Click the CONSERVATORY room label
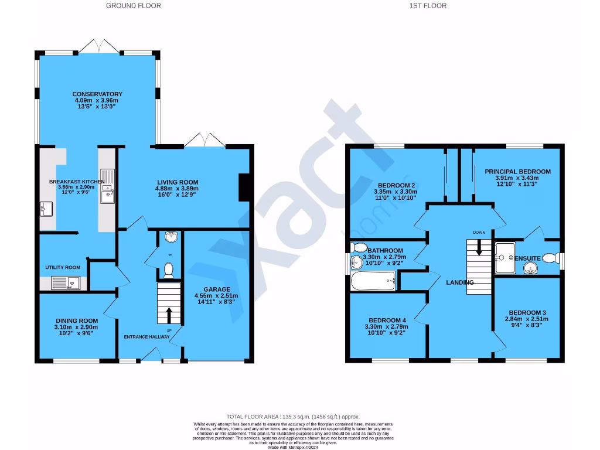(x=97, y=94)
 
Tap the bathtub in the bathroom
(x=373, y=284)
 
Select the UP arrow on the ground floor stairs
(x=169, y=315)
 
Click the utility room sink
(x=64, y=284)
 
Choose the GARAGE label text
(x=217, y=289)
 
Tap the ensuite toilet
(x=549, y=258)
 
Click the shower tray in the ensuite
(x=503, y=258)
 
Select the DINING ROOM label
(x=77, y=321)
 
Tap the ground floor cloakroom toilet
(x=169, y=270)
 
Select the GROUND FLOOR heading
(x=134, y=6)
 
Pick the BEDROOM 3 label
(x=527, y=312)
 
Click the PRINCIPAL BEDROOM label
(x=517, y=172)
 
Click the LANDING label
(x=459, y=282)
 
